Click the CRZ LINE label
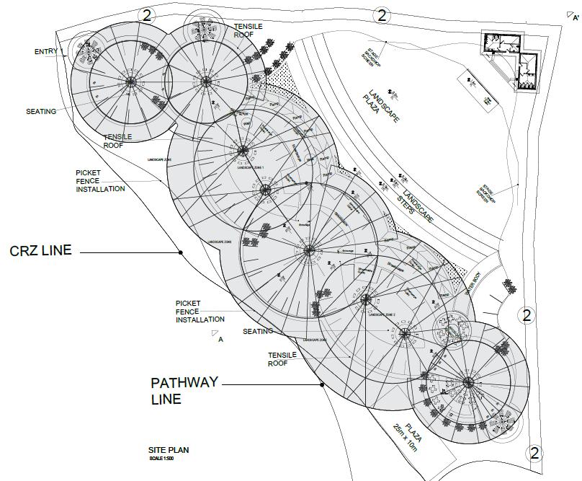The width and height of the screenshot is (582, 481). (x=41, y=251)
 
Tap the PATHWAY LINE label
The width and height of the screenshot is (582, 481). (x=184, y=390)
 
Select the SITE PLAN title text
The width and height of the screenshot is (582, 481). (x=169, y=450)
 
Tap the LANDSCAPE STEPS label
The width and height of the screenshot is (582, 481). (x=415, y=201)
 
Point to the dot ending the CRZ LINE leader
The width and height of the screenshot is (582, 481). (x=181, y=252)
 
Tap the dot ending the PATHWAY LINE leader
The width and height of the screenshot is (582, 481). (x=323, y=385)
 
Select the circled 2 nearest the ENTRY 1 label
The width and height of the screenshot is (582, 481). (x=146, y=15)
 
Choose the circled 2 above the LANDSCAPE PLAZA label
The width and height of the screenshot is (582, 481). (x=382, y=14)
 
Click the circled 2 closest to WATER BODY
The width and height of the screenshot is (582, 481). (x=527, y=314)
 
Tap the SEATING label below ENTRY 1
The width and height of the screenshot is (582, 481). (x=41, y=112)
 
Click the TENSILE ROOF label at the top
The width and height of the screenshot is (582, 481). (x=249, y=31)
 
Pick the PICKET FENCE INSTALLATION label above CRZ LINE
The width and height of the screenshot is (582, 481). (x=100, y=181)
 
